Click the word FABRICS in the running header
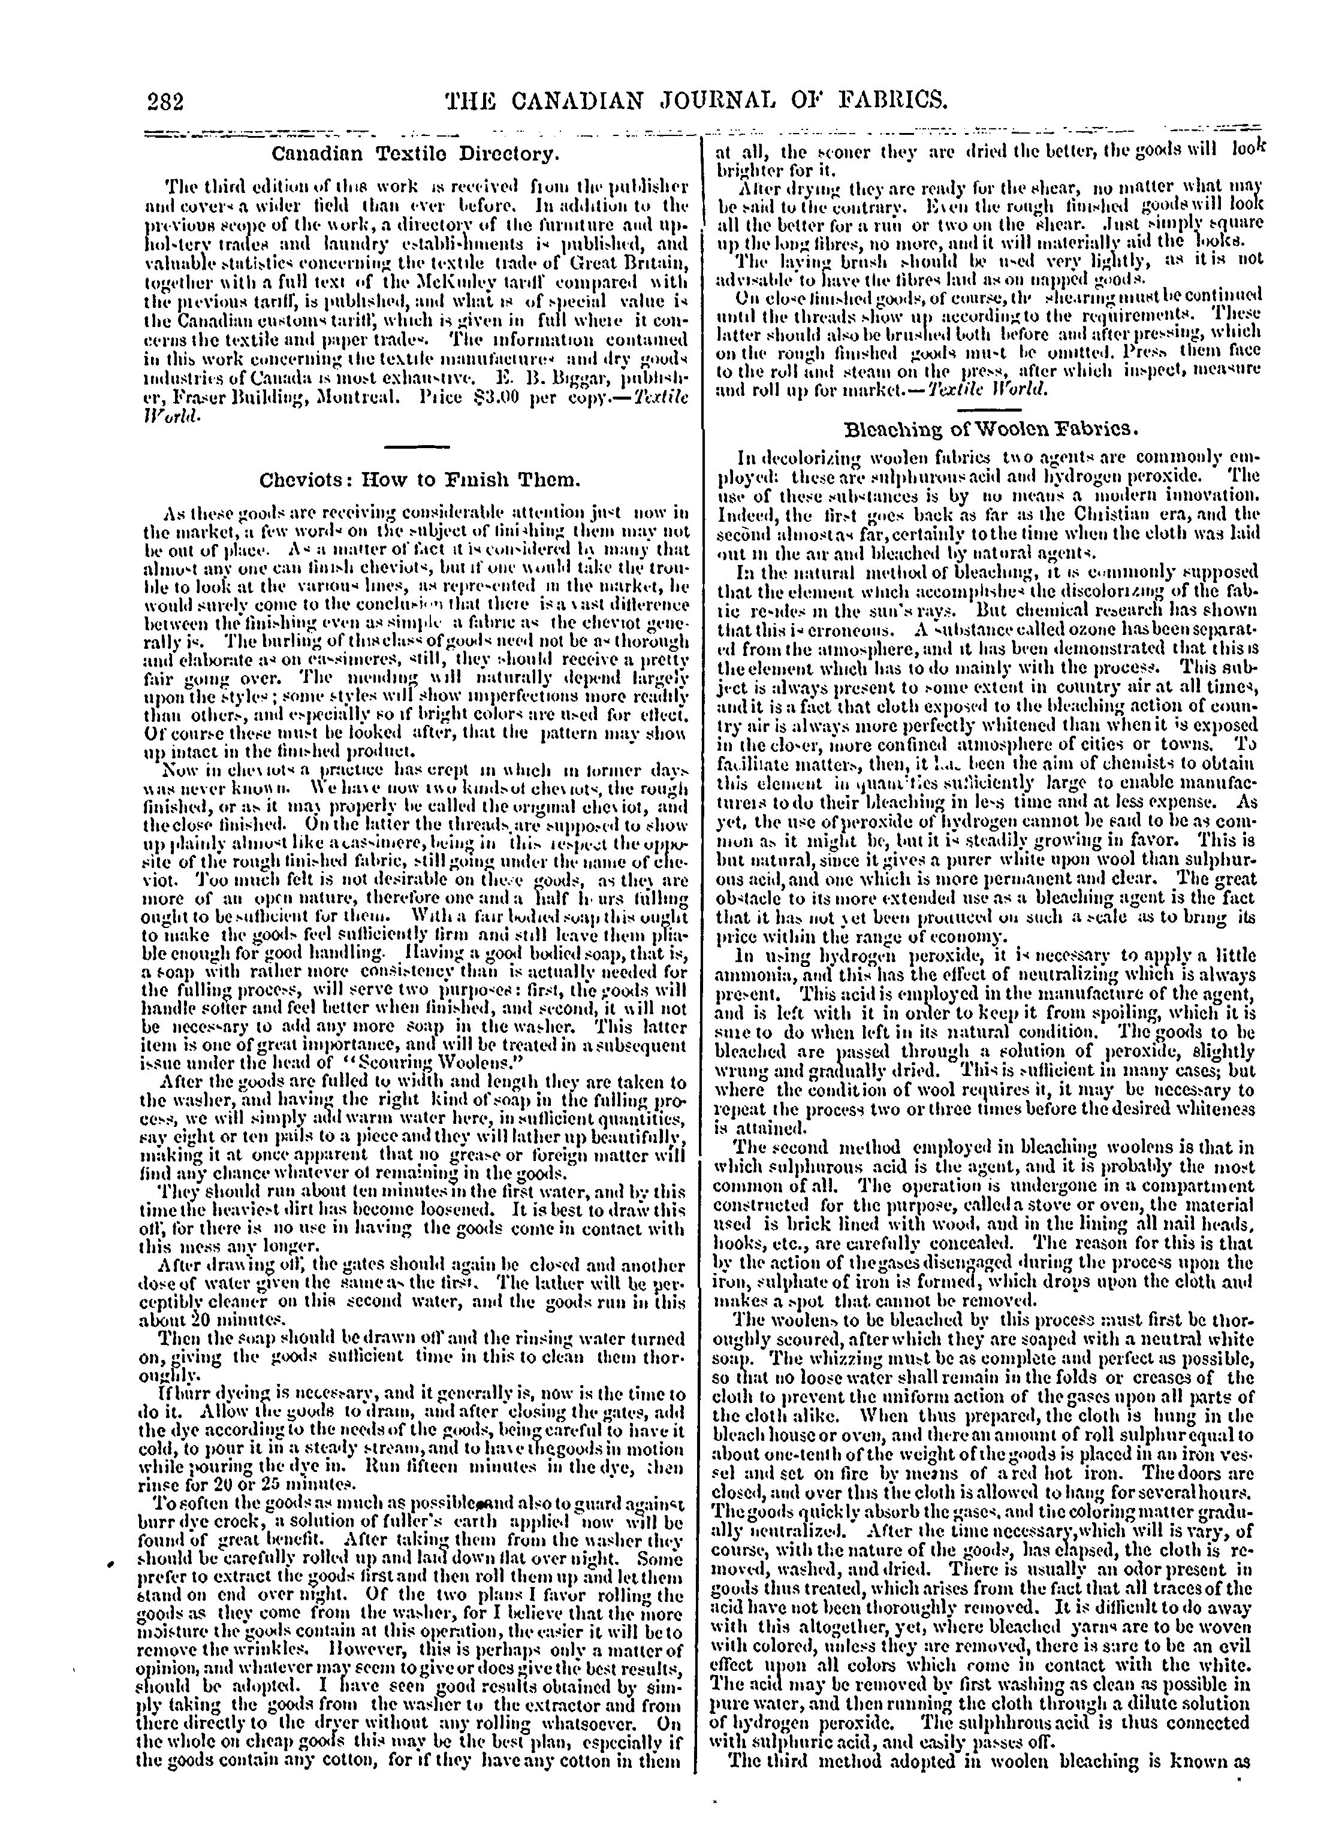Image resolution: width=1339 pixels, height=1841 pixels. pos(877,101)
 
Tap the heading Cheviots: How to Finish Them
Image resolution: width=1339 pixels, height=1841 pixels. pos(420,480)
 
